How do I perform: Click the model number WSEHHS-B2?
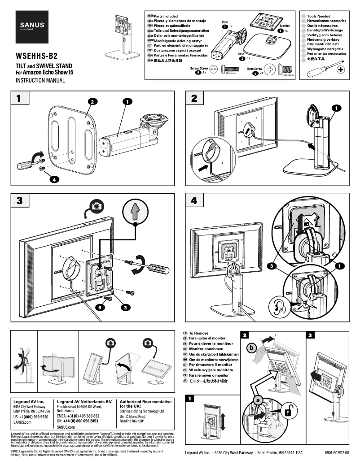tap(37, 56)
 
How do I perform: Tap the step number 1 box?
tap(18, 98)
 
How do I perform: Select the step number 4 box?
tap(193, 200)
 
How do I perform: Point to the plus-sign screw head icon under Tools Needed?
tap(341, 70)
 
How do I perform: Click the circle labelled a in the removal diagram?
tap(258, 399)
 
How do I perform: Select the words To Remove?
tap(199, 334)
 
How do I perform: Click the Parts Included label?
tap(166, 16)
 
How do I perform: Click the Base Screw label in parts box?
tap(257, 69)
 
